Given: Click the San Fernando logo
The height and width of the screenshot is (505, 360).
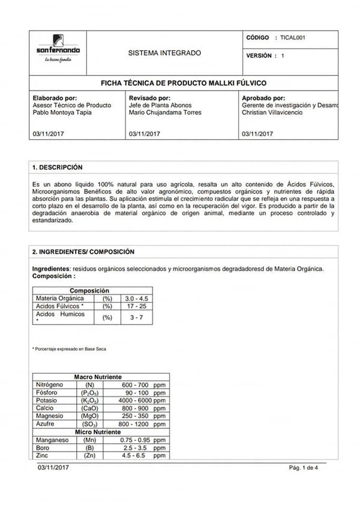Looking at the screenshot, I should point(58,52).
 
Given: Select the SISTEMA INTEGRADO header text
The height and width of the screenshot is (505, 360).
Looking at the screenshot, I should point(165,53).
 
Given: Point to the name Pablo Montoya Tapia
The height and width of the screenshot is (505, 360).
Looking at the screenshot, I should point(62,112).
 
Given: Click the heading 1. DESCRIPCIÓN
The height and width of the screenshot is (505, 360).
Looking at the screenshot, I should point(58,167).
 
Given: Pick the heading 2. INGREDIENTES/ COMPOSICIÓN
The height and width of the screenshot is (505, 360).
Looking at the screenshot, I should point(83,252).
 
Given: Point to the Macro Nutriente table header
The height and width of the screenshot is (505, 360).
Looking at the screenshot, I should point(98,377).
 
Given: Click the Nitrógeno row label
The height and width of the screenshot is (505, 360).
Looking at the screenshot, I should point(49,384).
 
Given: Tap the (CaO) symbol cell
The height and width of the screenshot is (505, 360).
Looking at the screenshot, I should point(89,408).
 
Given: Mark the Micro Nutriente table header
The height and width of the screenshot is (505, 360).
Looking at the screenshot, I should point(98,432).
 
